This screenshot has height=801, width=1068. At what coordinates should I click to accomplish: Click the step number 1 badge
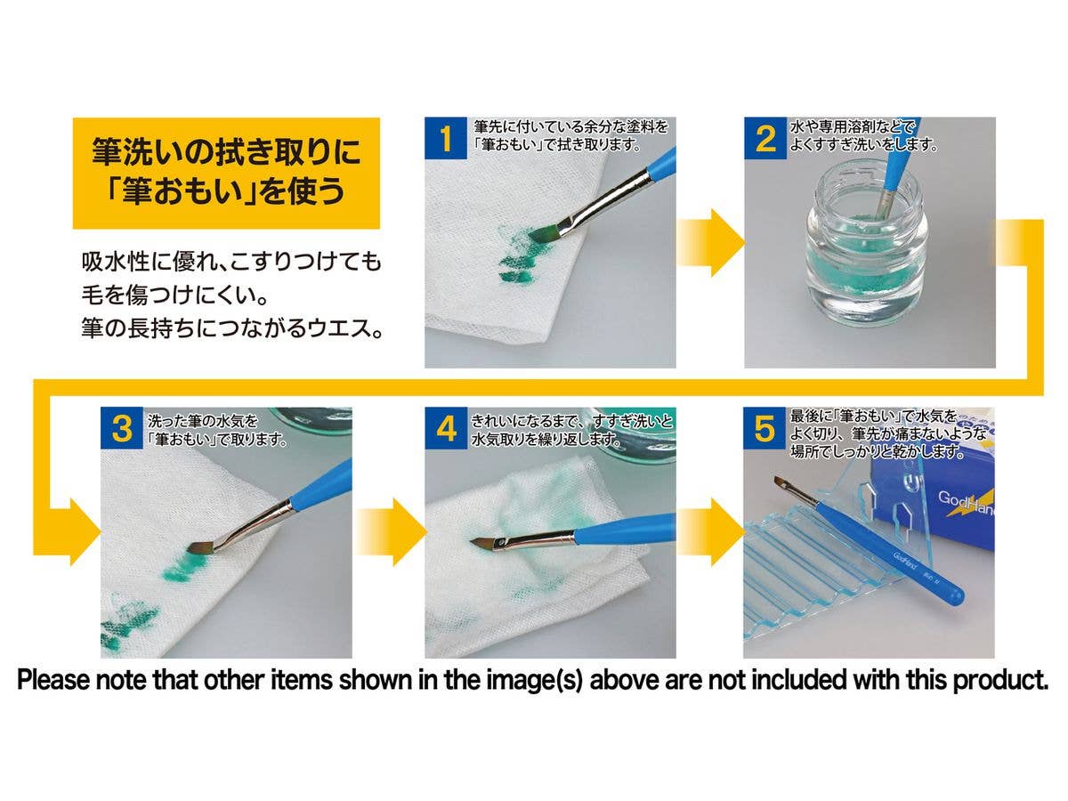click(445, 138)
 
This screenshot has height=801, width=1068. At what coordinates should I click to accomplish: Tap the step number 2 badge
click(765, 138)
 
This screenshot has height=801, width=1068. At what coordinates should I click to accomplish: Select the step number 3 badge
click(122, 428)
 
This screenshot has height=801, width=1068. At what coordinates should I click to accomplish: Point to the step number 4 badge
click(446, 428)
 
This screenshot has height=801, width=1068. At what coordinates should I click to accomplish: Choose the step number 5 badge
click(765, 428)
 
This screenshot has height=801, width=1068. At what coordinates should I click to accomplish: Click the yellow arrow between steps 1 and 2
click(710, 243)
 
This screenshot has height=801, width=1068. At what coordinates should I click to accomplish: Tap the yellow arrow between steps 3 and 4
click(391, 531)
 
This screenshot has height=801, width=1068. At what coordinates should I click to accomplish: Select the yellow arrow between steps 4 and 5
click(710, 531)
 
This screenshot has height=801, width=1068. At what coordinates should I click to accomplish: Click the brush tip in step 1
click(540, 234)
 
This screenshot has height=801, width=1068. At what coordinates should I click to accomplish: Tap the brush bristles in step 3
click(200, 547)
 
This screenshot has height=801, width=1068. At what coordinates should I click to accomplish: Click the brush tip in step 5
click(779, 481)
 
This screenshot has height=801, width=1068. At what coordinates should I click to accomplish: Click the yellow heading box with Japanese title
click(226, 174)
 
